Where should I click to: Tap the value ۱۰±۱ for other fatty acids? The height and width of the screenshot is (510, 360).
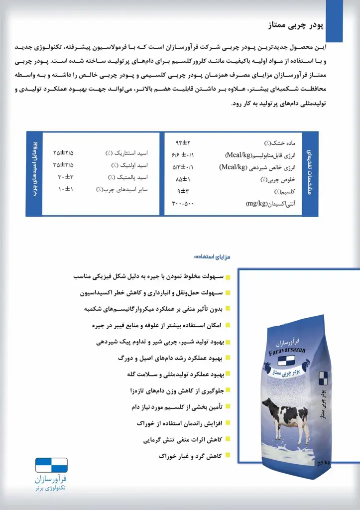tap(65, 189)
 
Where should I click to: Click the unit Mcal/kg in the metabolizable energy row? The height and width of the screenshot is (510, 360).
tap(240, 155)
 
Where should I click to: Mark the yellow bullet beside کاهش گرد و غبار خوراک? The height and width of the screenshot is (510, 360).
tap(227, 455)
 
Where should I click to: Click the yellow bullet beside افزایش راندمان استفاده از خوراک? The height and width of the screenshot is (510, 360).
tap(227, 423)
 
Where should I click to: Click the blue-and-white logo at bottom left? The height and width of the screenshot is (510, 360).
tap(51, 465)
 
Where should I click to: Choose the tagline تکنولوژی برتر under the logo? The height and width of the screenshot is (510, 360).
tap(51, 491)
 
